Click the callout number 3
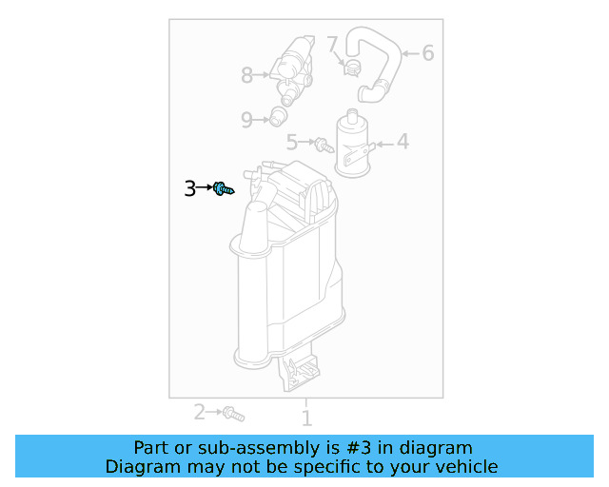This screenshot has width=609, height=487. click(x=190, y=188)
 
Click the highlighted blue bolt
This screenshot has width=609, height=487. click(x=223, y=189)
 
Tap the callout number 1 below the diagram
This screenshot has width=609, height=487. click(x=306, y=418)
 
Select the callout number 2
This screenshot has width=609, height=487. click(x=200, y=412)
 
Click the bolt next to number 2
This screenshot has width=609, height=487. click(x=233, y=414)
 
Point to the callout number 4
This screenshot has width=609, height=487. click(x=403, y=142)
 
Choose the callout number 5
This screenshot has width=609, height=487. click(x=293, y=142)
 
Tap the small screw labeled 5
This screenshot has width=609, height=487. click(x=324, y=146)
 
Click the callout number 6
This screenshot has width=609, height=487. click(x=427, y=53)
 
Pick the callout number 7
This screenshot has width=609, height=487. click(x=332, y=44)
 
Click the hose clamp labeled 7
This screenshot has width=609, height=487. click(x=350, y=67)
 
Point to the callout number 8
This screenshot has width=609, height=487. click(x=246, y=74)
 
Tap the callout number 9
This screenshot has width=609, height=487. click(x=246, y=120)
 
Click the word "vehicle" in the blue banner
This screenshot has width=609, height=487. click(x=467, y=466)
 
